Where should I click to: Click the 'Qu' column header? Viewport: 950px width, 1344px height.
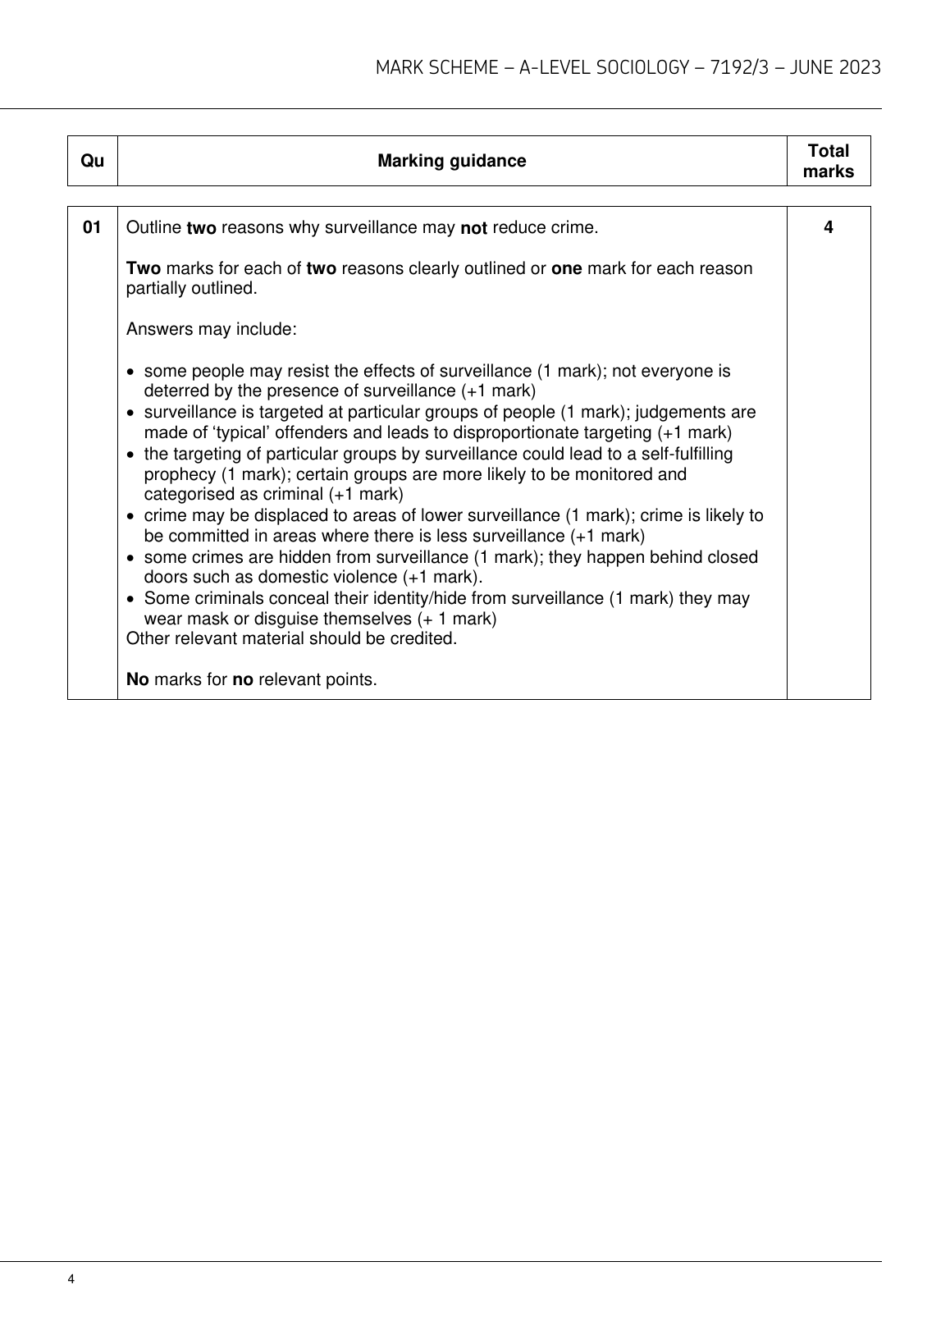[x=93, y=161]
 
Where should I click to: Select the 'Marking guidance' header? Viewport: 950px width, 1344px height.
[x=451, y=161]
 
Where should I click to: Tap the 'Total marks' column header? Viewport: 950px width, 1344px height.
[x=828, y=161]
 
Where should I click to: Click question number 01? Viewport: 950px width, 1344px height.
[x=93, y=227]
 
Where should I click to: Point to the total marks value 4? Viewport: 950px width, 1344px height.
[x=828, y=227]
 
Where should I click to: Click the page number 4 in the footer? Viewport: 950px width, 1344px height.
[x=71, y=1279]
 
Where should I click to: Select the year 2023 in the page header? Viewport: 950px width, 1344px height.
[x=860, y=67]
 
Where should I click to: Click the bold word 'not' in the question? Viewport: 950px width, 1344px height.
[x=473, y=228]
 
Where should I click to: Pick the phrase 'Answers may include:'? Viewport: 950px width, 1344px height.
[x=211, y=330]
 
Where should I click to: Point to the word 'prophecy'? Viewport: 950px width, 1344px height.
[x=176, y=474]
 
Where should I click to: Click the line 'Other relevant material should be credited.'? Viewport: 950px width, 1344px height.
[x=291, y=638]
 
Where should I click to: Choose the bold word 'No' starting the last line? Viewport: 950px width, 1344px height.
[x=137, y=679]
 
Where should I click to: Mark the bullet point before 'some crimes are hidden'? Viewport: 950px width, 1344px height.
[x=133, y=558]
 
